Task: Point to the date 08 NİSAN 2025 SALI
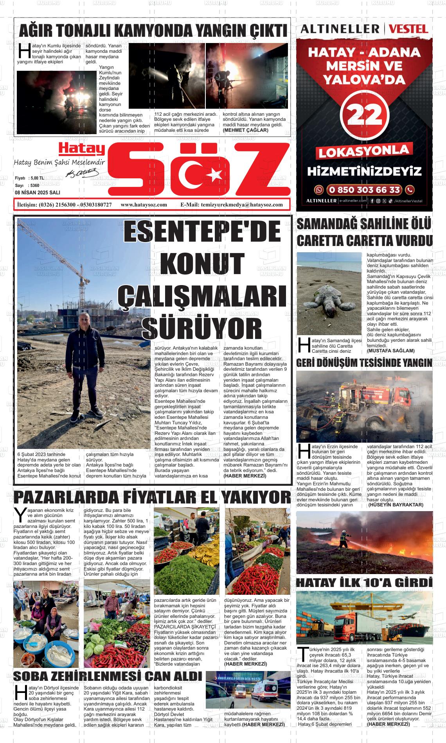tap(37, 192)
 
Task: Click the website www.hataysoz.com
tap(144, 205)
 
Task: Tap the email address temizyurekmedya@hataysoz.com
tap(241, 205)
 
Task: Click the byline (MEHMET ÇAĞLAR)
tap(245, 130)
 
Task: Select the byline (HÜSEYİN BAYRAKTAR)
tap(396, 505)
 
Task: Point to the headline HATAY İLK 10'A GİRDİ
tap(364, 583)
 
